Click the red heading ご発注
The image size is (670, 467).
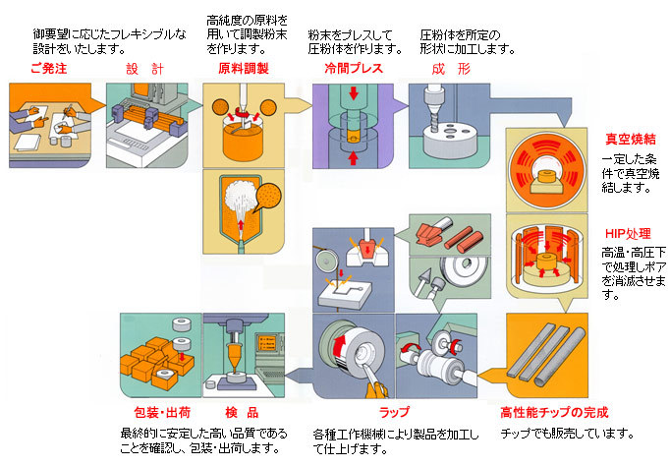49,69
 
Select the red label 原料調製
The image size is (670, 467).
244,69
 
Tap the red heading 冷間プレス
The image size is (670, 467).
354,69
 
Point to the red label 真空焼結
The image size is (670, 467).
631,139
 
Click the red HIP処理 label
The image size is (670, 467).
628,234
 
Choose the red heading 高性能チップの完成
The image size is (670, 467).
554,412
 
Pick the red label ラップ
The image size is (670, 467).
394,412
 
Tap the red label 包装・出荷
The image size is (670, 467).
162,413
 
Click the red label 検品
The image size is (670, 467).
242,413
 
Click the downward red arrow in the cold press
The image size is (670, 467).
353,92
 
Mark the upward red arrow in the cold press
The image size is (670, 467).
353,158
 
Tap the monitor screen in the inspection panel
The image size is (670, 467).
267,342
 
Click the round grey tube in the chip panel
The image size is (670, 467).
560,356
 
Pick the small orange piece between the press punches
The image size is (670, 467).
353,137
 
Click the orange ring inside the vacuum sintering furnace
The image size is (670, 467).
546,177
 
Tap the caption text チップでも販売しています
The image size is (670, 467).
567,434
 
